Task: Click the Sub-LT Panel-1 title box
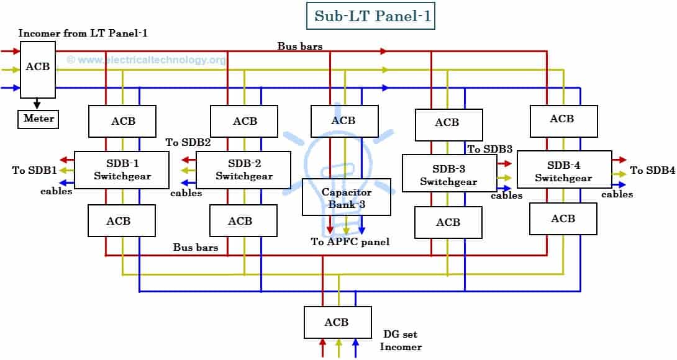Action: (x=371, y=16)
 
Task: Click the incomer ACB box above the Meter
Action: (x=38, y=69)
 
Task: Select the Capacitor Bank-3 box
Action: (x=347, y=197)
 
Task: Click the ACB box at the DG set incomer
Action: (x=337, y=322)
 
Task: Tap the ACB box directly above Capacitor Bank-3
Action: (x=343, y=120)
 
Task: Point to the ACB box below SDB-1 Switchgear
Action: (x=122, y=221)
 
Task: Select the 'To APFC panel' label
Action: (x=350, y=241)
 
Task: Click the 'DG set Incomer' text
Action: (x=401, y=341)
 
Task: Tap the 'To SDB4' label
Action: (x=652, y=170)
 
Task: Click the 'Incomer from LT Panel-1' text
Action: (x=83, y=33)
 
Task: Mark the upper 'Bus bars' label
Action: (x=299, y=47)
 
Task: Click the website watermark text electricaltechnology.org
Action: (x=146, y=60)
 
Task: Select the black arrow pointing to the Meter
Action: (x=38, y=104)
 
